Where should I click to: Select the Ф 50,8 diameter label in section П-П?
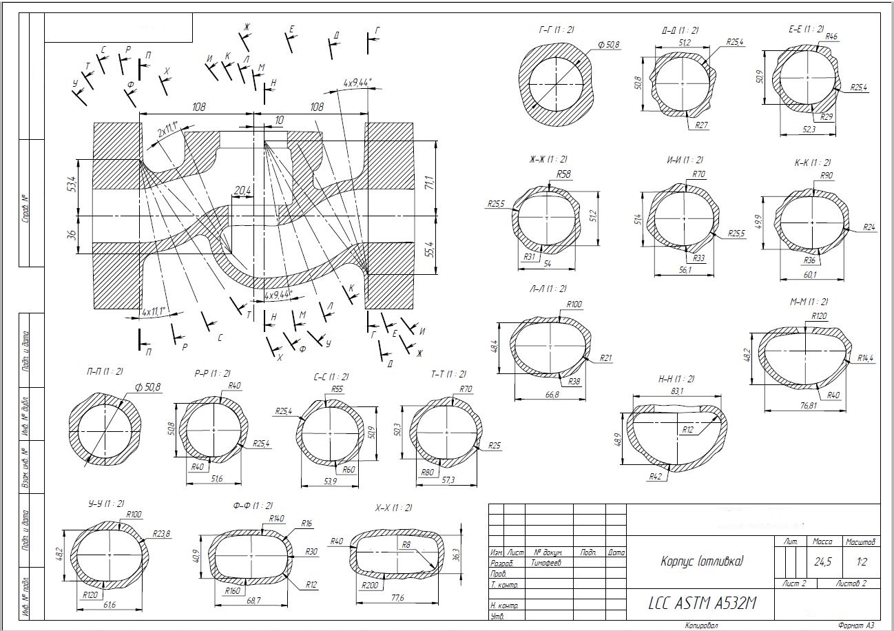[x=143, y=388]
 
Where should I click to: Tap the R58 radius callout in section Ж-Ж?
[x=563, y=174]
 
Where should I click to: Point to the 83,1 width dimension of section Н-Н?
[x=677, y=392]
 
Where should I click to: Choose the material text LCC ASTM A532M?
[x=702, y=603]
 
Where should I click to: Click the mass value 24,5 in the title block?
[x=822, y=562]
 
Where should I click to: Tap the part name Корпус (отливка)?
[x=702, y=561]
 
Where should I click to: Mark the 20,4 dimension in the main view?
[x=242, y=191]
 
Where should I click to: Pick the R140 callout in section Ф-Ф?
[x=276, y=518]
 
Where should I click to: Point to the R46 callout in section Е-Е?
[x=831, y=37]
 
